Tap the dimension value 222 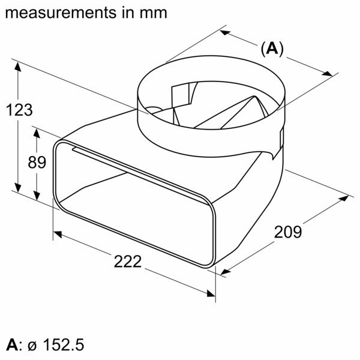click(x=127, y=262)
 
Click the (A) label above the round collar click(x=271, y=49)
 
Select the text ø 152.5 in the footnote click(x=56, y=345)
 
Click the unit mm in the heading click(x=154, y=12)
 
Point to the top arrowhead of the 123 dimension click(x=19, y=67)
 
